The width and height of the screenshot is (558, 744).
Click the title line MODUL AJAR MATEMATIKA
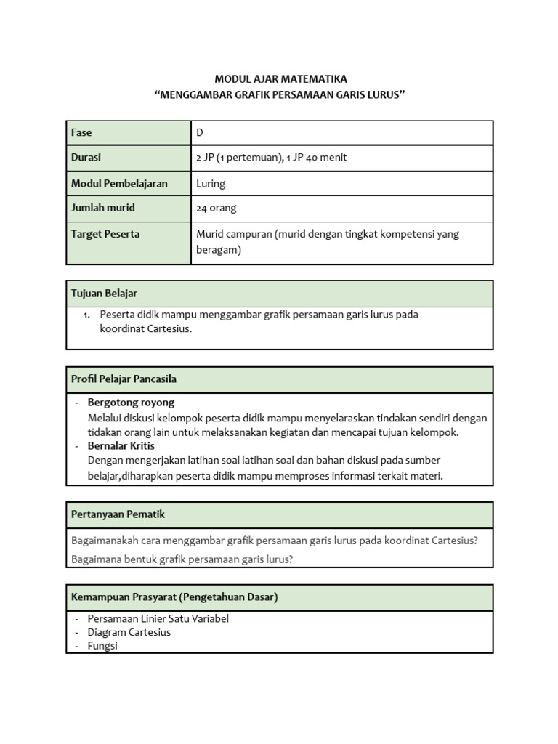tap(280, 78)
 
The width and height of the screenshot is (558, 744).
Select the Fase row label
tap(81, 133)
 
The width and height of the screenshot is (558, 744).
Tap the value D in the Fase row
tap(201, 133)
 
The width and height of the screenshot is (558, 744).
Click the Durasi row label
tap(86, 158)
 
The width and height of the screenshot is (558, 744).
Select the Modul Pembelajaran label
tap(119, 183)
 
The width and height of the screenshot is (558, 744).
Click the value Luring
tap(211, 183)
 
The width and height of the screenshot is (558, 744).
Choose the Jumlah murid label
tap(102, 208)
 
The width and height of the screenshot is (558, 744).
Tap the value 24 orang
tap(217, 208)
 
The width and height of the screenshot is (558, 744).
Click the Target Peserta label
tap(105, 234)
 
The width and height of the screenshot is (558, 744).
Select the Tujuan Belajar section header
tap(104, 293)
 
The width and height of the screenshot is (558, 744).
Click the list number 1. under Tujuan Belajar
tap(86, 315)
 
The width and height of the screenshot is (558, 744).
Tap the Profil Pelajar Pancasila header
tap(124, 379)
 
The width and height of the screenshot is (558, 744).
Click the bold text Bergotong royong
tap(131, 402)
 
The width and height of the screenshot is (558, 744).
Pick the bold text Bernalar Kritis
tap(121, 445)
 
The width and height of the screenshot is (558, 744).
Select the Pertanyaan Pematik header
tap(118, 514)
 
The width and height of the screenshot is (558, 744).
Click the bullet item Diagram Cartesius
tap(129, 632)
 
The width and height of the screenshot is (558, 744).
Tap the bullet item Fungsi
tap(102, 645)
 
